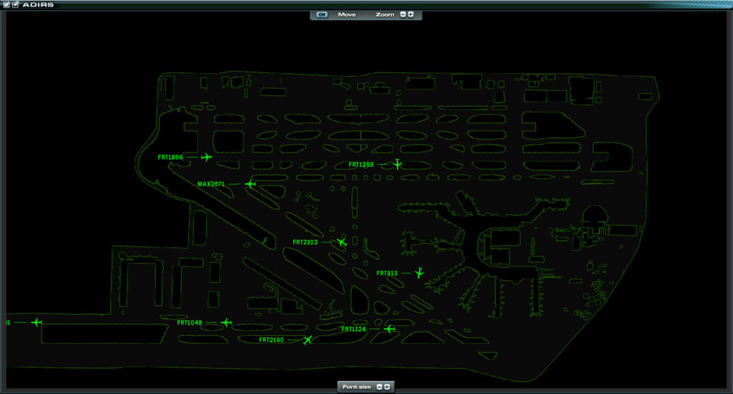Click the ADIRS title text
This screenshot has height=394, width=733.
pyautogui.click(x=38, y=5)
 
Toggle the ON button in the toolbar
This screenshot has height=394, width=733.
pyautogui.click(x=321, y=14)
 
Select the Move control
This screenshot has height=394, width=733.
pyautogui.click(x=347, y=14)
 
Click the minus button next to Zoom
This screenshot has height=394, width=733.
pyautogui.click(x=403, y=14)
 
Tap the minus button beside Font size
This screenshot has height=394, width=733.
pyautogui.click(x=379, y=387)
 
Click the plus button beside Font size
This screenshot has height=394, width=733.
pyautogui.click(x=387, y=387)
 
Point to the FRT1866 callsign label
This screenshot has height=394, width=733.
pyautogui.click(x=170, y=157)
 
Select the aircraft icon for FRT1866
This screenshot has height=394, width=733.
pyautogui.click(x=206, y=157)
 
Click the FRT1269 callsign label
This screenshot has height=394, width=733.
pyautogui.click(x=361, y=165)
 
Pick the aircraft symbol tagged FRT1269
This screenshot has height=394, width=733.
pyautogui.click(x=397, y=164)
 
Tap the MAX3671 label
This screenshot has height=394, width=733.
pyautogui.click(x=211, y=184)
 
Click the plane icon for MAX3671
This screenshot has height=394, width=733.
pyautogui.click(x=250, y=184)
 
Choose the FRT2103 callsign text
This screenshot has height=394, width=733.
pyautogui.click(x=305, y=242)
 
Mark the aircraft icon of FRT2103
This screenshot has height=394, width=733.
pyautogui.click(x=341, y=242)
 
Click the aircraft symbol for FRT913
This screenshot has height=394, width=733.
pyautogui.click(x=419, y=272)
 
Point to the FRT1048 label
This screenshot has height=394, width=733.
pyautogui.click(x=189, y=323)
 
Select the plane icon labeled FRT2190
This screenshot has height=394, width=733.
pyautogui.click(x=307, y=340)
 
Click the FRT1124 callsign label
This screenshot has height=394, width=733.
pyautogui.click(x=354, y=330)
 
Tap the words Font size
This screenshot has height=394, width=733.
pyautogui.click(x=356, y=387)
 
